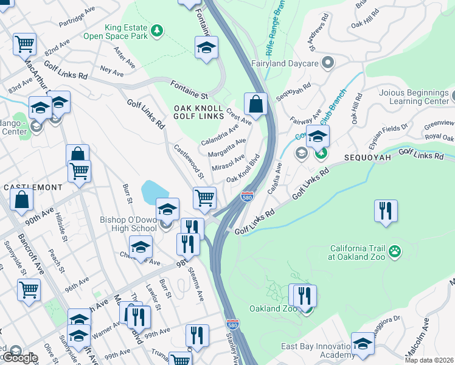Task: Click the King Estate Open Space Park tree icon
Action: (157, 30)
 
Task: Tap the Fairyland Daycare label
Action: (286, 63)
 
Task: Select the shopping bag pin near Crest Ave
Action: (256, 105)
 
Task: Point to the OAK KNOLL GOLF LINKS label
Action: (200, 113)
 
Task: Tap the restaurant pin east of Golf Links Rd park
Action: (386, 211)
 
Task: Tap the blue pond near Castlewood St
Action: (151, 193)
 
